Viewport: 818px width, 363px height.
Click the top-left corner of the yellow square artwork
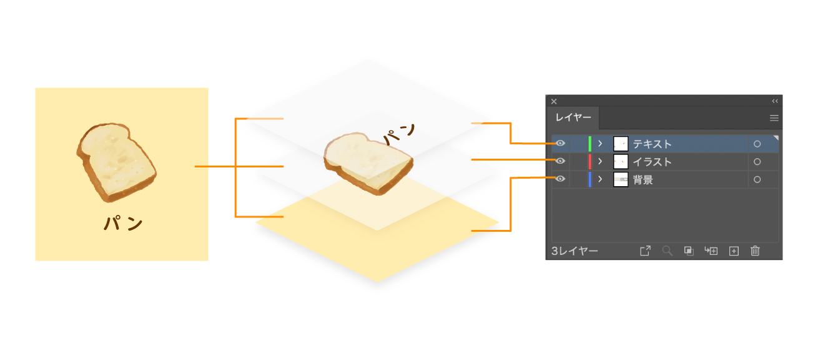point(36,88)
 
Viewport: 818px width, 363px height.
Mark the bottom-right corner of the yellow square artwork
point(208,261)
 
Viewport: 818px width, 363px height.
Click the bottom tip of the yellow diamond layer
point(377,282)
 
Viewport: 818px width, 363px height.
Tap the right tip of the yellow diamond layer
point(499,222)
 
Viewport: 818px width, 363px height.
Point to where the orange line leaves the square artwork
point(195,166)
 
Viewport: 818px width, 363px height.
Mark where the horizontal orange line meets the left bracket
point(236,166)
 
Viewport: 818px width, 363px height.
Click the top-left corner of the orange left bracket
point(235,119)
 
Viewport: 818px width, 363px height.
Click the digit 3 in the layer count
point(554,251)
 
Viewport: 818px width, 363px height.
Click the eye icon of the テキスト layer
point(560,143)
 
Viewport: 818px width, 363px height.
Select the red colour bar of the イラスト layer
point(589,162)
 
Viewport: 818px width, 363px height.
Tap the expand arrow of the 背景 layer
point(600,179)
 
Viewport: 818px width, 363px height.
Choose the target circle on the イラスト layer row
point(757,162)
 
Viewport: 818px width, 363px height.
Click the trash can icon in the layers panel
point(755,251)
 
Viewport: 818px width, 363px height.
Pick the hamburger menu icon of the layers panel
point(774,118)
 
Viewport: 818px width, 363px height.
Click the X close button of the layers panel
point(554,101)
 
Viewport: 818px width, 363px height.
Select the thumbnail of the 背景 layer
point(621,179)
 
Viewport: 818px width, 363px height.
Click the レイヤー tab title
point(573,117)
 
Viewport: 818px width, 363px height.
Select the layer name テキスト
point(652,144)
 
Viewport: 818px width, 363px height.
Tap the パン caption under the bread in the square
point(123,222)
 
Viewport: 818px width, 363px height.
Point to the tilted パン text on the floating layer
point(399,134)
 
